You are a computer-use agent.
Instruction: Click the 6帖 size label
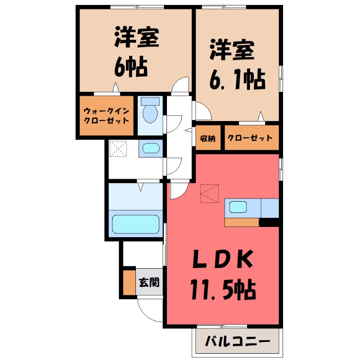130,67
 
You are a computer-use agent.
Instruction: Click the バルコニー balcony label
238,341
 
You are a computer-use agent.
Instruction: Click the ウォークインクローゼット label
106,116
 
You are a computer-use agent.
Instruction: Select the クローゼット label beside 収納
250,138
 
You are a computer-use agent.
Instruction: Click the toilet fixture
150,111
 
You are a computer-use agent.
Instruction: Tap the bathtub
135,223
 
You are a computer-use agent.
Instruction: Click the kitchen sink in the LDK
238,207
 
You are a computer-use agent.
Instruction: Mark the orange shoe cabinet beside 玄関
130,283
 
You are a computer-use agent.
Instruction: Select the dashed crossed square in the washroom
118,149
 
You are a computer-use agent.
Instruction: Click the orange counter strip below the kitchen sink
242,222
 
